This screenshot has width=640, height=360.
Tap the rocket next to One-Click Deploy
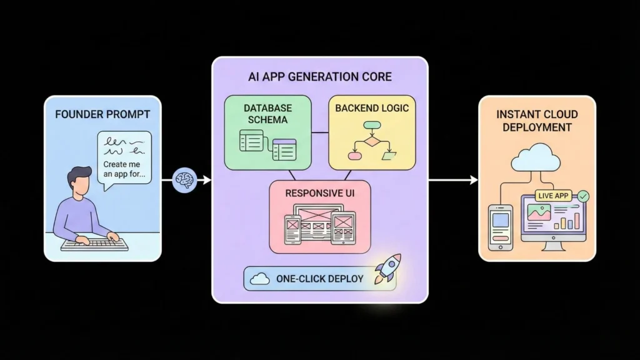click(x=387, y=270)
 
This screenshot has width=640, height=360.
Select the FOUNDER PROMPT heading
click(x=102, y=114)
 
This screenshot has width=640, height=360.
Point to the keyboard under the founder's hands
click(x=94, y=245)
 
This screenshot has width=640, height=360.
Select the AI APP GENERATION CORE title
click(x=319, y=77)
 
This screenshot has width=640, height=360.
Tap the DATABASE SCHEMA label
click(x=267, y=113)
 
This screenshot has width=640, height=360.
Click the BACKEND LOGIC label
click(x=372, y=108)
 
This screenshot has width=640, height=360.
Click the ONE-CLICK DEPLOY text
click(x=319, y=279)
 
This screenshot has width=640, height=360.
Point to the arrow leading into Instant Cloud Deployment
click(x=453, y=180)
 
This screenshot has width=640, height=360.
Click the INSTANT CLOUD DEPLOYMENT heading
click(x=537, y=121)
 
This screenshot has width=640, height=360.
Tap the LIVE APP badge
click(x=554, y=196)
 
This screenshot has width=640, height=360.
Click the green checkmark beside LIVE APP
click(x=583, y=196)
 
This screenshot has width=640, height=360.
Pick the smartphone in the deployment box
click(x=500, y=227)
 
